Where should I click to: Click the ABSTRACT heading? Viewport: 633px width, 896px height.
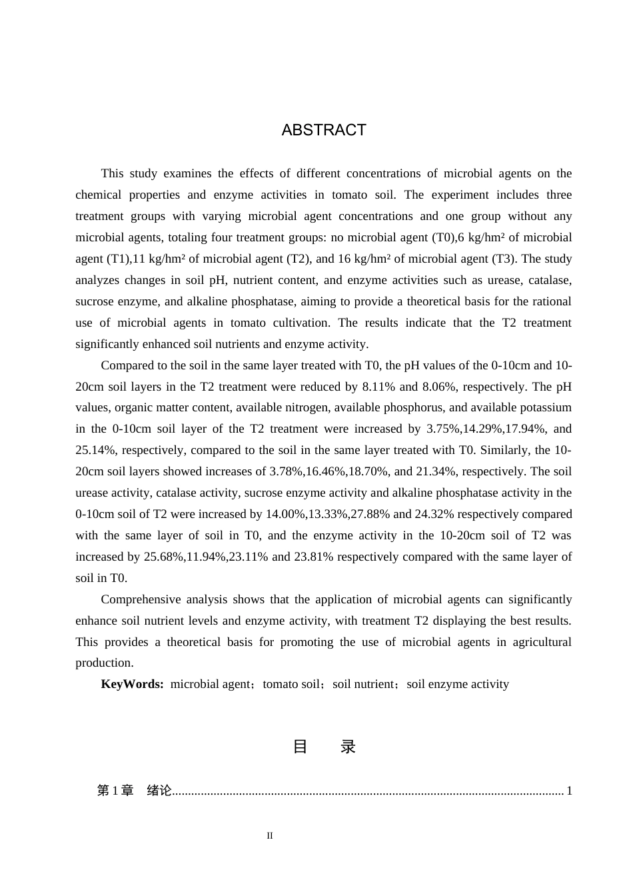point(324,130)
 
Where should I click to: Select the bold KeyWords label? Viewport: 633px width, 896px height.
point(132,684)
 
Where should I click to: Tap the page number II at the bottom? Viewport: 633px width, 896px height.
point(270,835)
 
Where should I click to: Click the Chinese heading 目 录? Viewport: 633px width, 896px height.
point(324,747)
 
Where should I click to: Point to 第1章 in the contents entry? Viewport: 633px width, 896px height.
point(115,791)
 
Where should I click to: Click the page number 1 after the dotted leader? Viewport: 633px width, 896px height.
point(569,791)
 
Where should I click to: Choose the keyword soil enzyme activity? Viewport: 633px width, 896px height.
point(458,684)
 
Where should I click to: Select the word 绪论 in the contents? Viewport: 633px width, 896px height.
point(159,791)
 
